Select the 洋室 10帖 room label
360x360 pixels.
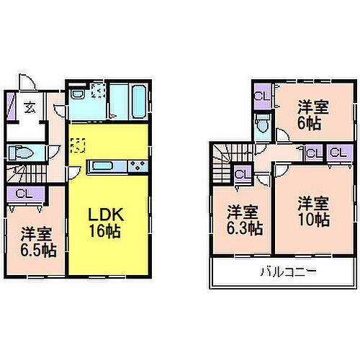tap(315, 210)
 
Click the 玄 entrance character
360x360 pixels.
tap(31, 108)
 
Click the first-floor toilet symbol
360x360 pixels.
tap(22, 153)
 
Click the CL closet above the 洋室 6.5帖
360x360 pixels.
tap(24, 193)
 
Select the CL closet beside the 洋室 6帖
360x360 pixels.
tap(261, 96)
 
